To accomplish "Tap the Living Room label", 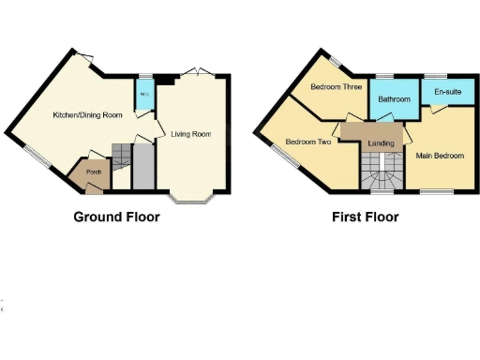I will (x=190, y=134).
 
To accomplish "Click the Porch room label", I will (x=93, y=172).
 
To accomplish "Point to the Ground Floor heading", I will (x=116, y=217).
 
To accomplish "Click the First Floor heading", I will (x=365, y=217).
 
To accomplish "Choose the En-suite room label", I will (x=445, y=92).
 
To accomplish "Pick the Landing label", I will (x=381, y=142).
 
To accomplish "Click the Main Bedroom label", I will (x=440, y=156).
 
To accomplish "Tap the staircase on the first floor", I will (x=380, y=172).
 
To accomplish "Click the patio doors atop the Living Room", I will (x=193, y=73).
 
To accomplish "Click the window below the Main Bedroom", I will (x=432, y=192).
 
